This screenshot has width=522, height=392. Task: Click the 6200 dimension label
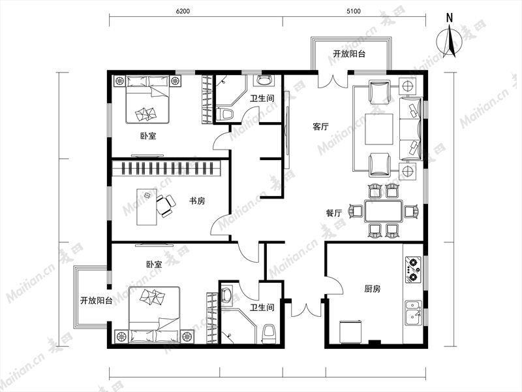[x=183, y=11]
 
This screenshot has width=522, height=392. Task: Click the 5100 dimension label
[x=353, y=11]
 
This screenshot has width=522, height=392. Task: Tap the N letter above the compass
[x=450, y=18]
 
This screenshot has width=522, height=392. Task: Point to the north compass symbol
[x=450, y=42]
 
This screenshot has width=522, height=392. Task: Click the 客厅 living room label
[x=320, y=127]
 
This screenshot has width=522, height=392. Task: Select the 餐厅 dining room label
[x=334, y=213]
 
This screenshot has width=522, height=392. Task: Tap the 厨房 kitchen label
[x=372, y=289]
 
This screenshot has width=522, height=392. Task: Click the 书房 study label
[x=197, y=201]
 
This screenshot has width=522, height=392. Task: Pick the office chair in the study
[x=166, y=206]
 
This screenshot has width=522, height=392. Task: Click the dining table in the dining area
[x=383, y=211]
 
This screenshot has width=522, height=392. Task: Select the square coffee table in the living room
[x=379, y=129]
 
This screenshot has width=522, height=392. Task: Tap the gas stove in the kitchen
[x=413, y=269]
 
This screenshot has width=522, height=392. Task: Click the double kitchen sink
[x=413, y=314]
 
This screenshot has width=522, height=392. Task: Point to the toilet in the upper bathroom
[x=226, y=114]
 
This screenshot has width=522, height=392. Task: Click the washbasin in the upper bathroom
[x=265, y=80]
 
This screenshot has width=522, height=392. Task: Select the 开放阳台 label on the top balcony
[x=349, y=54]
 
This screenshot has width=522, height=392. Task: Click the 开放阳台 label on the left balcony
[x=96, y=301]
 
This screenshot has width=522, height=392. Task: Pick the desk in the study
[x=146, y=207]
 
